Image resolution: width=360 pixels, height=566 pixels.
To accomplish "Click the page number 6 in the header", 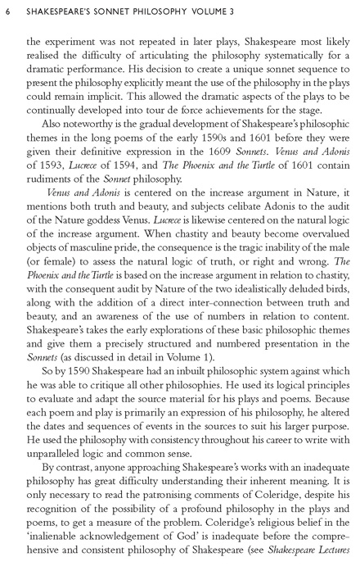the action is click(x=7, y=9).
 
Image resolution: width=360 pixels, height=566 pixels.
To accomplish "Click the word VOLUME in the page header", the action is click(x=209, y=9).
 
